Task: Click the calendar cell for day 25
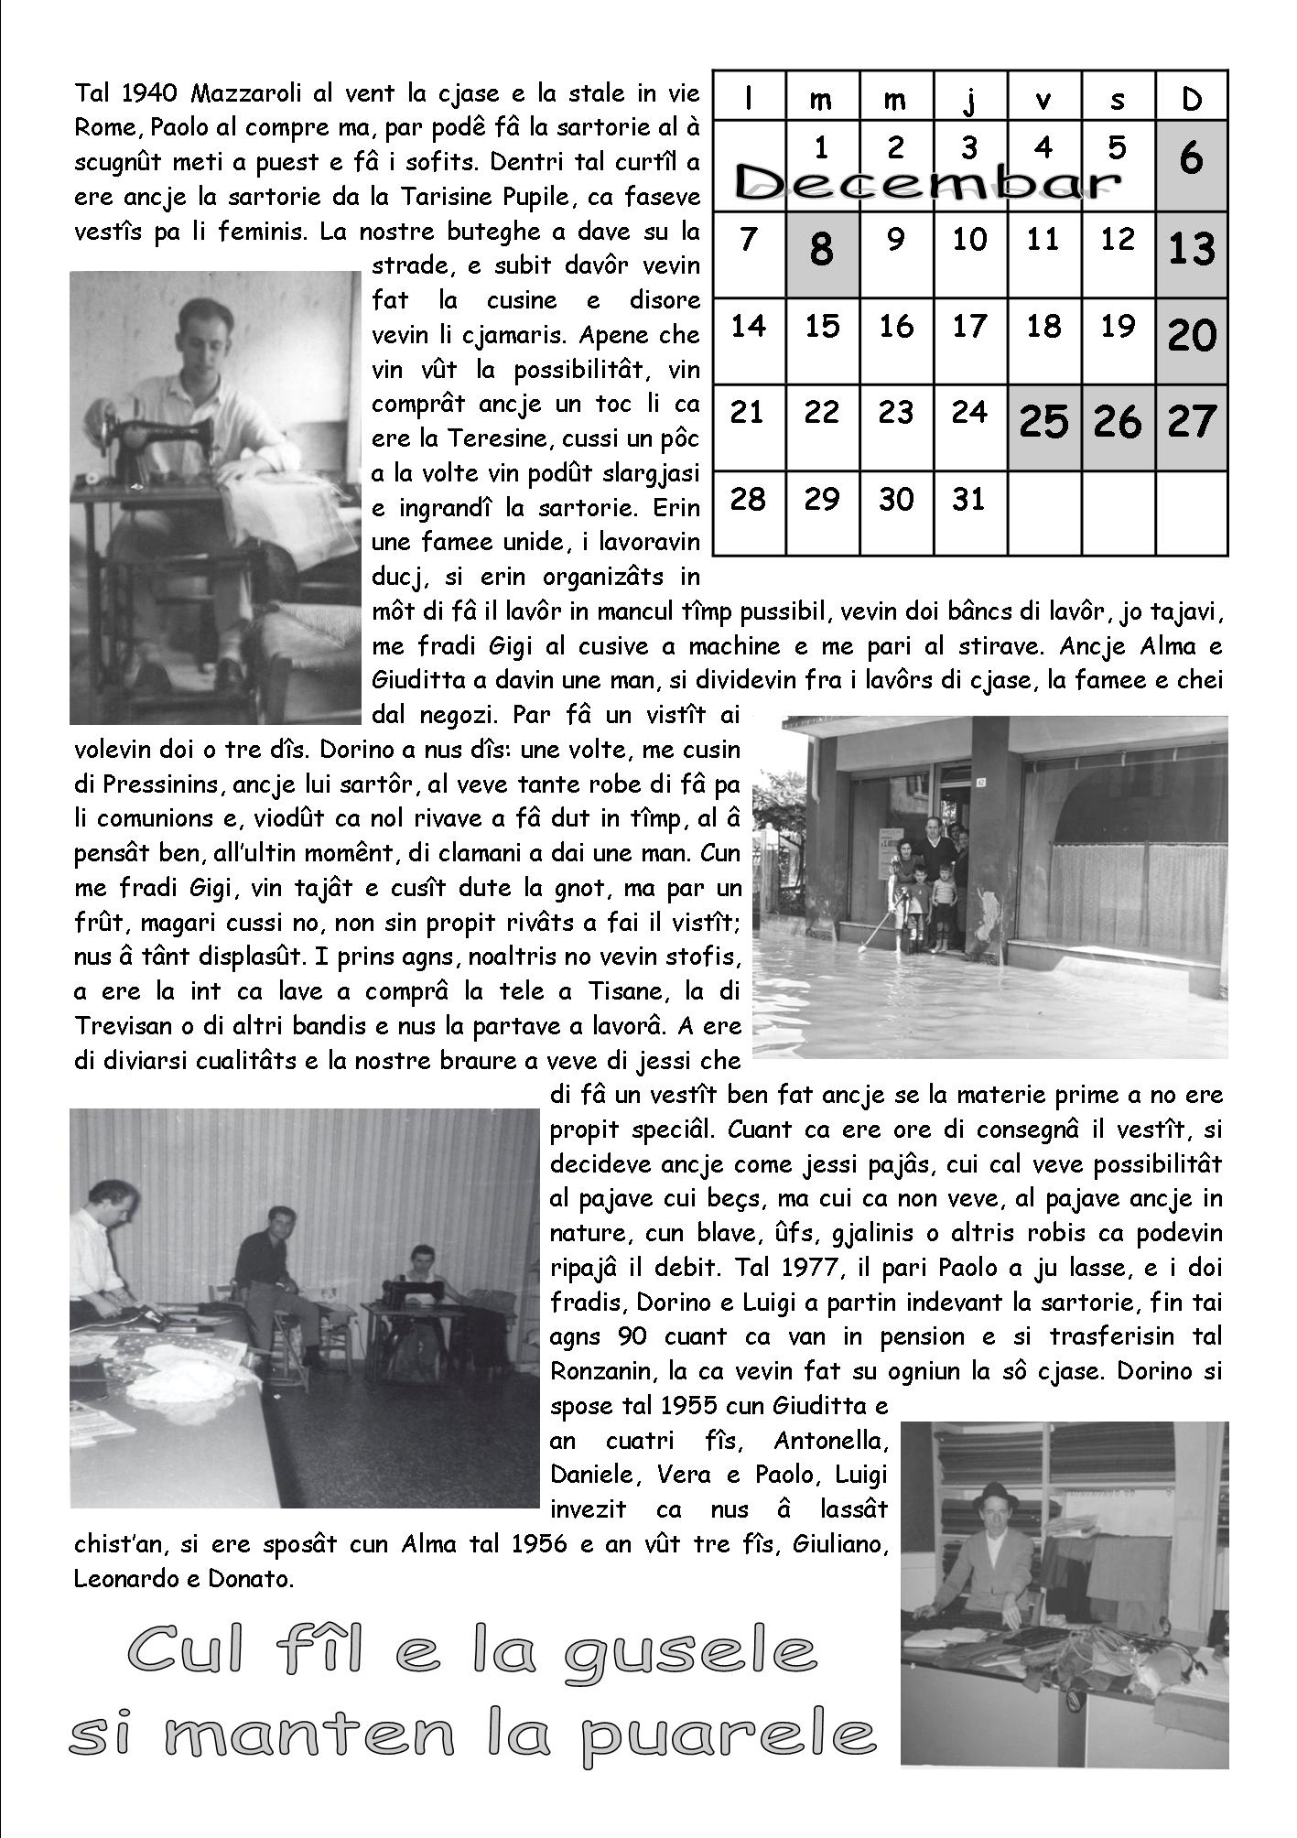[1043, 420]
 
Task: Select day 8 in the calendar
[821, 248]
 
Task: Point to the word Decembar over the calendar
[929, 182]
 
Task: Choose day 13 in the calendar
[1192, 248]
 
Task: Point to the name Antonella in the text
[831, 1441]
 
